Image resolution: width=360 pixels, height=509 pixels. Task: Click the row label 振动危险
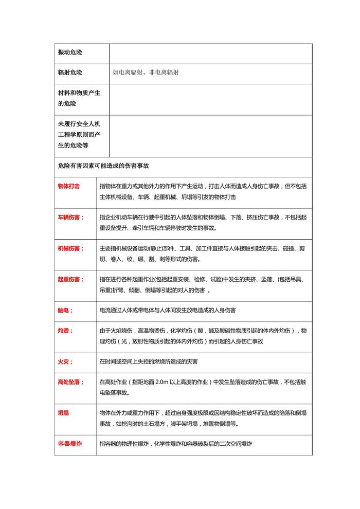pos(70,53)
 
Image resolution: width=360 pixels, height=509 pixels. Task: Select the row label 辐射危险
pos(70,73)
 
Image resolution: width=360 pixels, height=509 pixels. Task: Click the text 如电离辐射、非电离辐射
pos(146,73)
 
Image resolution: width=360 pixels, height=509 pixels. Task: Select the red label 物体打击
pos(69,186)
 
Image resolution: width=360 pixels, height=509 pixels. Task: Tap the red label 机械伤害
pos(70,248)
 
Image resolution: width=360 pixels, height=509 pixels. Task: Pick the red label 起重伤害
pos(70,279)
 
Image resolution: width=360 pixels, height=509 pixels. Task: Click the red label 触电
pos(65,311)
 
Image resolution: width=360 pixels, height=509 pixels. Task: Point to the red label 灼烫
pos(65,331)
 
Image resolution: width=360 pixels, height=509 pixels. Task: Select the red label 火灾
pos(65,361)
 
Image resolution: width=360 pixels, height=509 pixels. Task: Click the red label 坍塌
pos(63,413)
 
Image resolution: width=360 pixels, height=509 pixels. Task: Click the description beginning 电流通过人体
pos(168,311)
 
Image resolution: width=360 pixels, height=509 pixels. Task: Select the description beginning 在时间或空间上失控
pos(149,361)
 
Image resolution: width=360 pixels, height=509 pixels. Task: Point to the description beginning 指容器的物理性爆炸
pos(175,444)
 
